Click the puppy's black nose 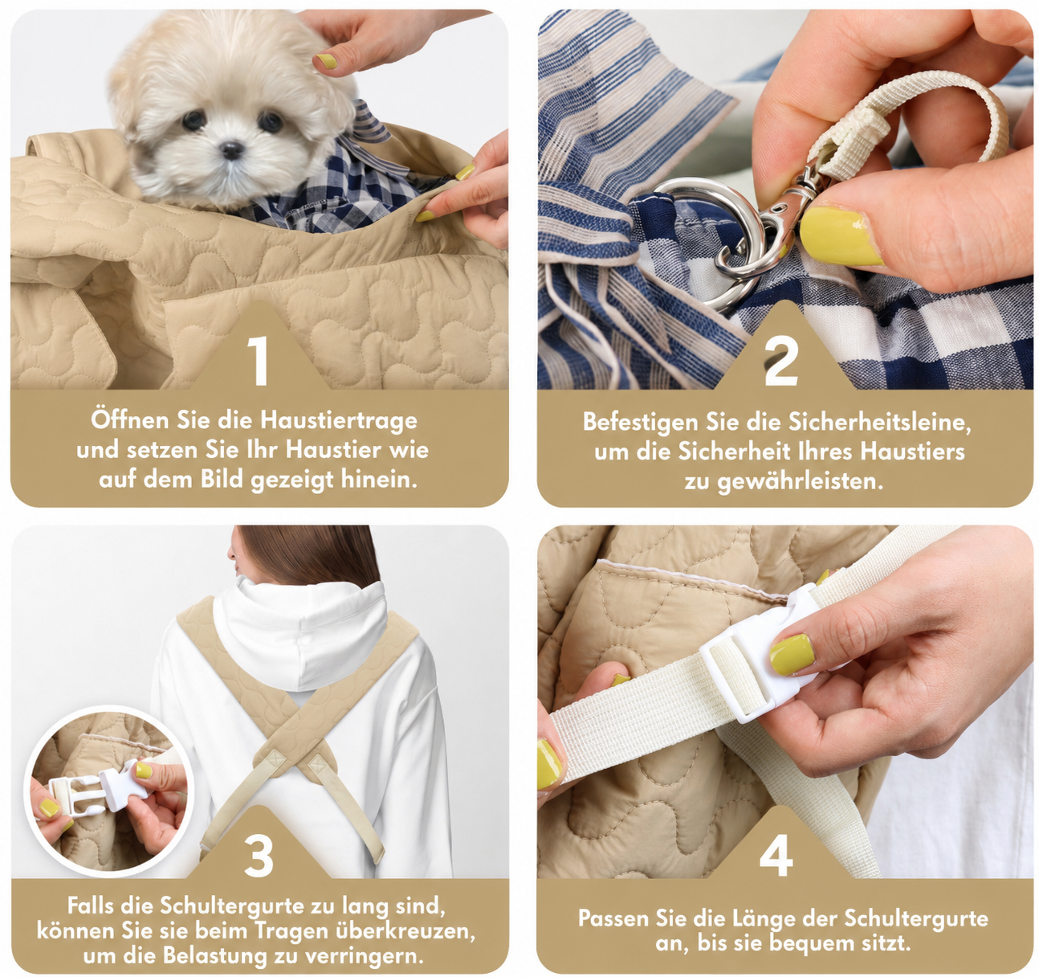[231, 150]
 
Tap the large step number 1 [258, 361]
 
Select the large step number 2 [781, 361]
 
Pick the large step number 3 [259, 856]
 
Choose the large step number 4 [776, 856]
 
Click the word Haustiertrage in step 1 [339, 420]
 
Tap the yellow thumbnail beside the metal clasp [840, 235]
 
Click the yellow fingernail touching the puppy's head [326, 61]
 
